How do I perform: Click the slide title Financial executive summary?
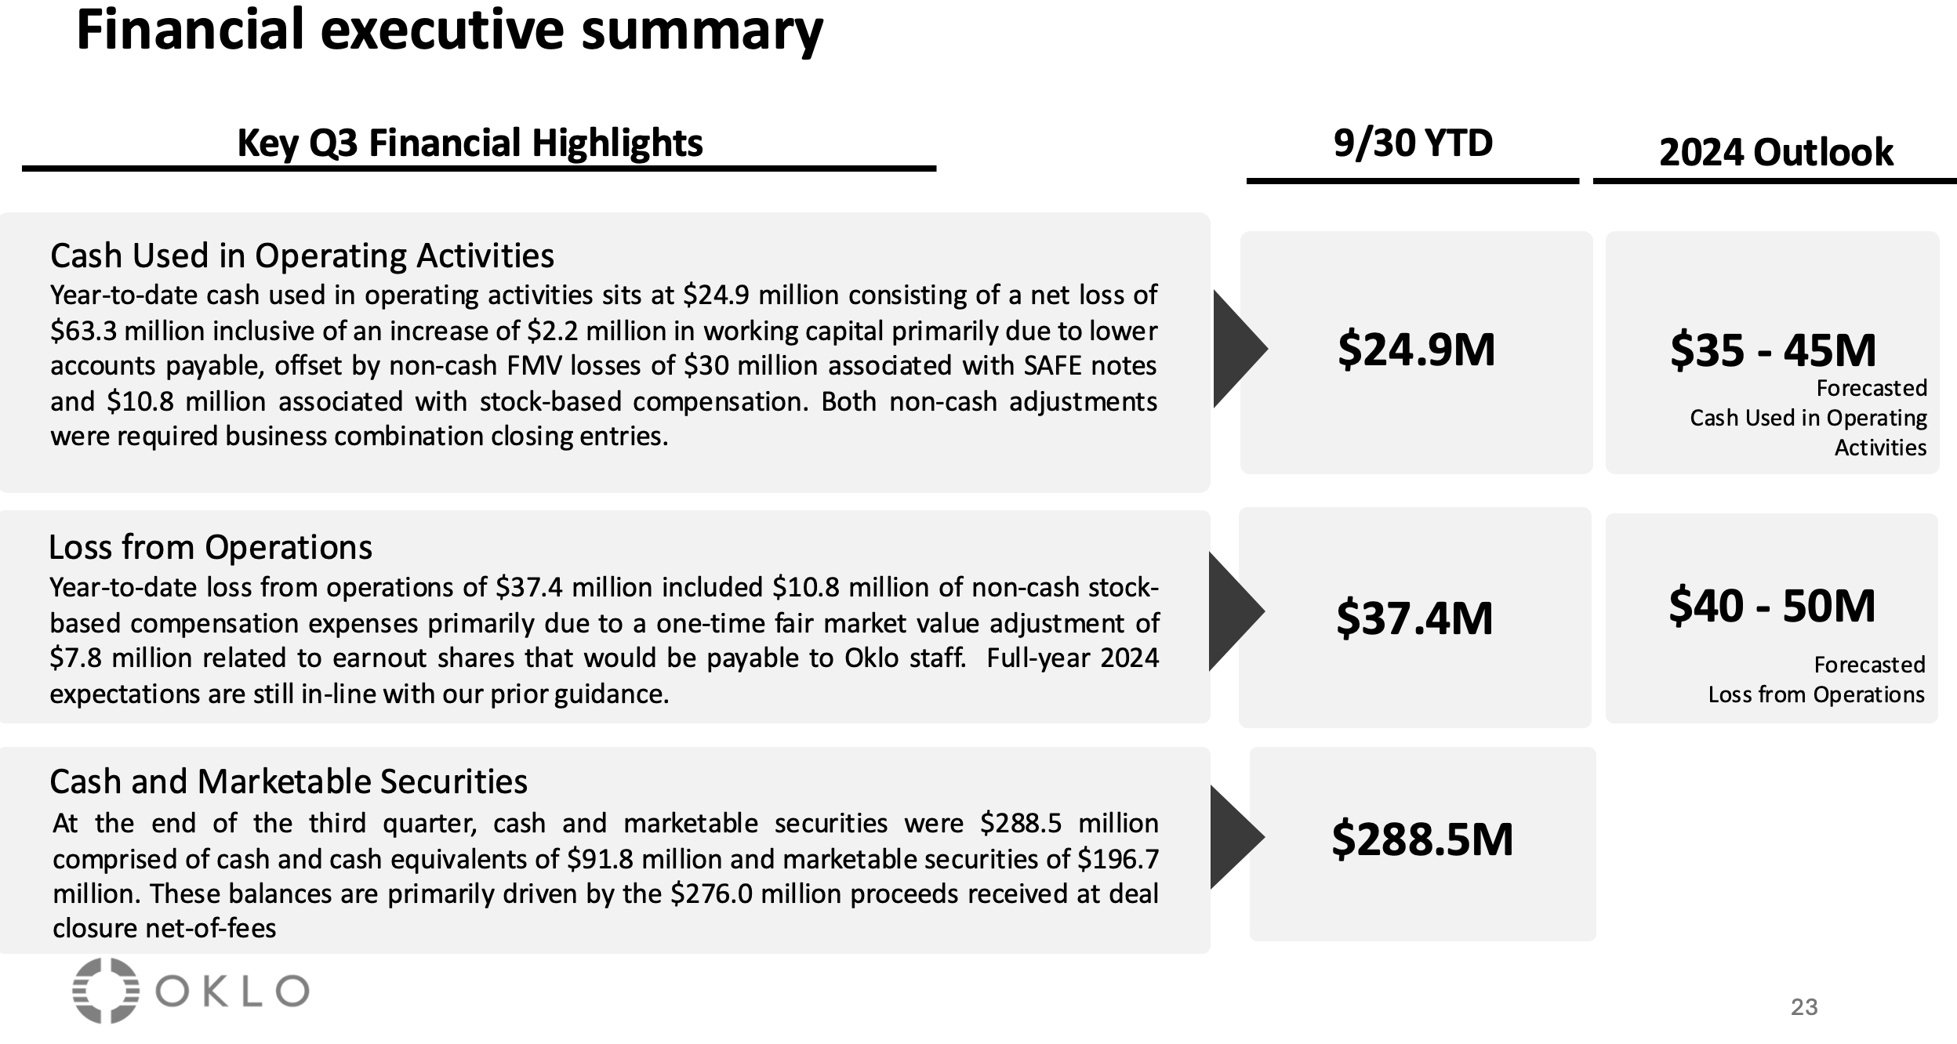coord(449,30)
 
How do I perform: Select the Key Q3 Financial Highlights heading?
coord(470,143)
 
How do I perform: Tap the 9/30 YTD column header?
coord(1413,143)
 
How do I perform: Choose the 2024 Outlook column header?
coord(1776,152)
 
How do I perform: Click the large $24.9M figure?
coord(1416,350)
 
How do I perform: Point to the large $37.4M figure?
coord(1414,618)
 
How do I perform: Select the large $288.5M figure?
coord(1422,839)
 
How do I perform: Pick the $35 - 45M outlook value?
coord(1773,350)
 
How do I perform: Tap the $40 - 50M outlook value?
coord(1772,606)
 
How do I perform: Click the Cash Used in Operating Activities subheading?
coord(302,256)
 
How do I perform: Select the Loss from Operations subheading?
coord(210,547)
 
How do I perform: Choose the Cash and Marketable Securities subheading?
coord(289,781)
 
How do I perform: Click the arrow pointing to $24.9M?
coord(1238,349)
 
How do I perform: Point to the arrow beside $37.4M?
coord(1235,611)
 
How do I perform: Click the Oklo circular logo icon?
coord(106,991)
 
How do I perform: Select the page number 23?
coord(1803,1007)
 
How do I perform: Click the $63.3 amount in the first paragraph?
coord(85,331)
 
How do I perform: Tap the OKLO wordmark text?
coord(231,991)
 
